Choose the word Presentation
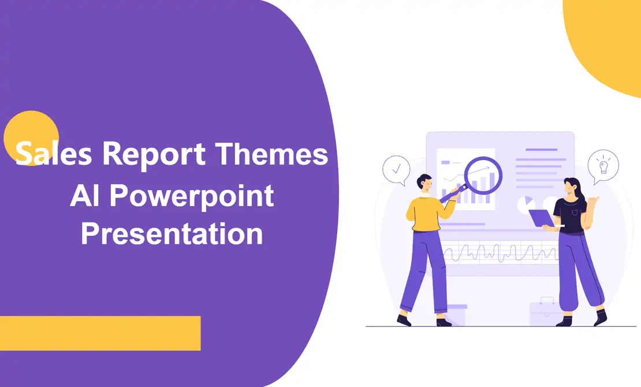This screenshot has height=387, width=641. coord(172,234)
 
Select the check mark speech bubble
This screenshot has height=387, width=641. coord(396,170)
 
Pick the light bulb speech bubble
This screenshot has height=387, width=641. coord(603,165)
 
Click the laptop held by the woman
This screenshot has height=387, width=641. coord(542,218)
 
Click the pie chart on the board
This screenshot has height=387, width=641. coord(525,203)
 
